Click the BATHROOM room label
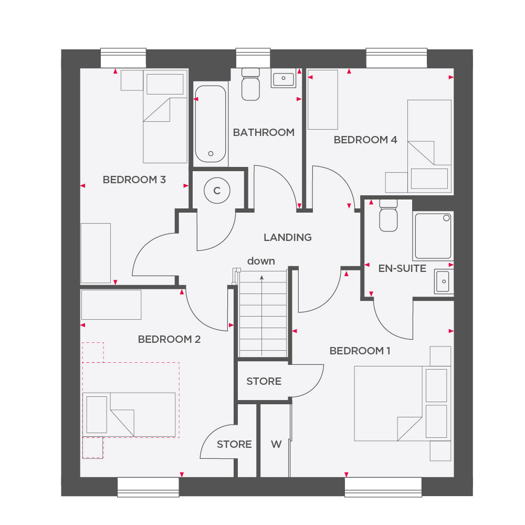(264, 132)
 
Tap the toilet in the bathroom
(250, 84)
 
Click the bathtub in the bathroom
(211, 124)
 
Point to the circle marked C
(217, 191)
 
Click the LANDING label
(288, 237)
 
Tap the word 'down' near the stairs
(261, 261)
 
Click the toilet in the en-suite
(388, 215)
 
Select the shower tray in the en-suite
(433, 236)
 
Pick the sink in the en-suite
(444, 281)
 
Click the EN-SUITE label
(402, 268)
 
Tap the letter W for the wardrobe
(276, 444)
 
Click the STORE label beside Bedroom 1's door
(264, 381)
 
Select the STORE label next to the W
(234, 444)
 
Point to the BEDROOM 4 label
(365, 140)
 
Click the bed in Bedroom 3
(165, 116)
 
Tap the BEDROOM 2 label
(169, 339)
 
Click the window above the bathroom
(253, 58)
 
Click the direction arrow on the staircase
(262, 316)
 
